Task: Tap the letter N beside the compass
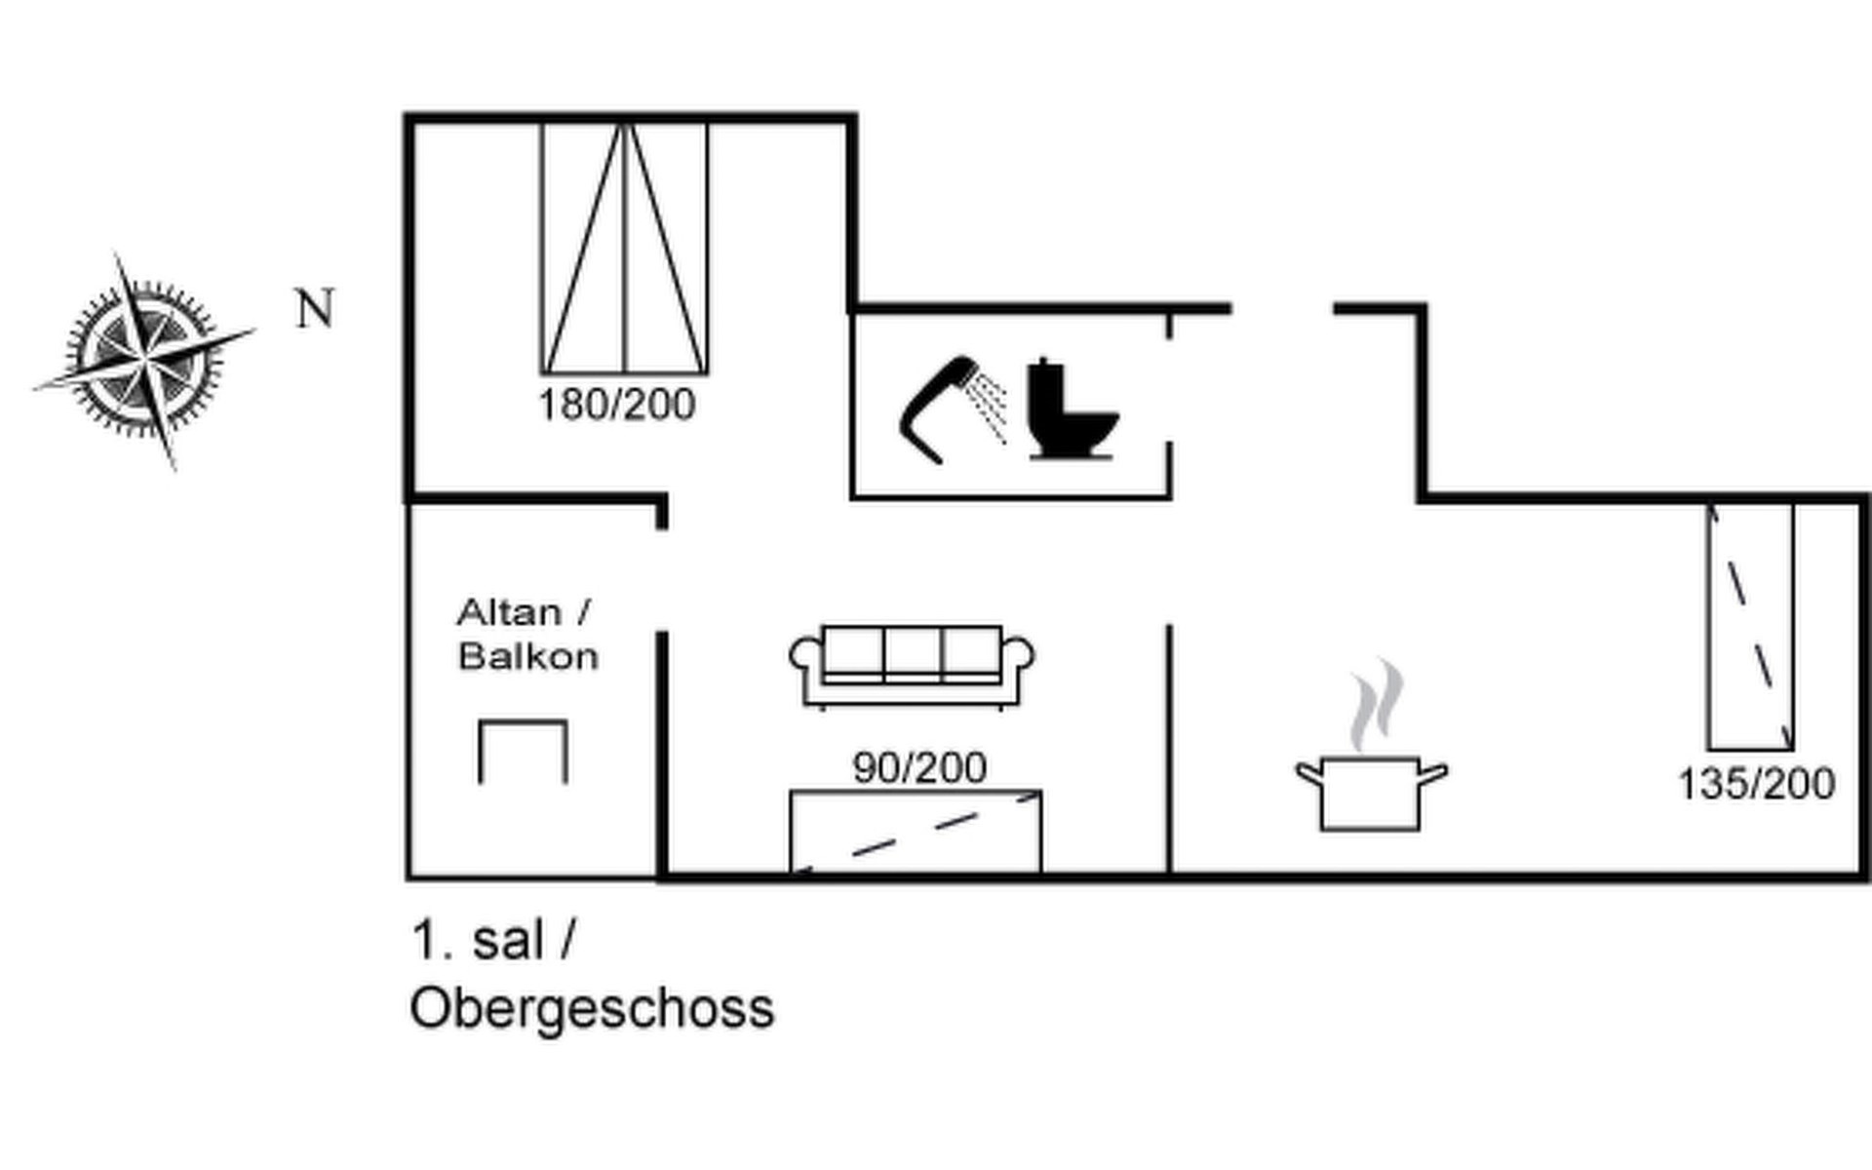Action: click(x=315, y=309)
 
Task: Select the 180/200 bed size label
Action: click(x=617, y=405)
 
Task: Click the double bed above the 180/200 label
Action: click(x=625, y=248)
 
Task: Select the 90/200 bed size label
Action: click(x=919, y=768)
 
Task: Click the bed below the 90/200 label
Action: click(x=916, y=832)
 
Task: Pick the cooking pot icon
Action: click(x=1370, y=791)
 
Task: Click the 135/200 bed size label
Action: click(x=1756, y=784)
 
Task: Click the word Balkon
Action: click(x=527, y=656)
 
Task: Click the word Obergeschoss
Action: click(x=592, y=1009)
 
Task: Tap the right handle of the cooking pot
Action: click(x=1432, y=774)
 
